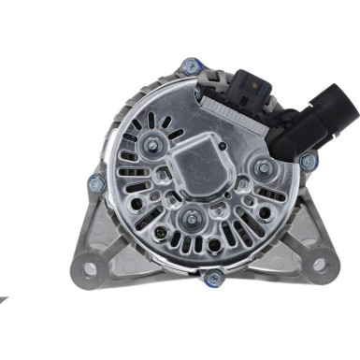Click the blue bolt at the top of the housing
click(191, 65)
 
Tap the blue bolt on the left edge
click(94, 182)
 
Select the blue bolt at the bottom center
click(214, 276)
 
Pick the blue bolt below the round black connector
click(307, 161)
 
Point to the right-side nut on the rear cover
click(264, 168)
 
